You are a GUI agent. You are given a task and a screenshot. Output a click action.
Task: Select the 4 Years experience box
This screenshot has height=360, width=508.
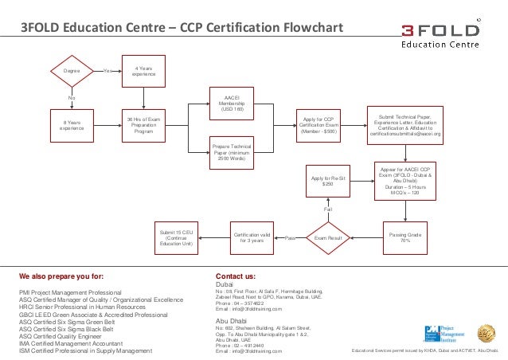tap(144, 71)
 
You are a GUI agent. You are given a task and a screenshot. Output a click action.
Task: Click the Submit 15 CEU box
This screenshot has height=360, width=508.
tap(177, 237)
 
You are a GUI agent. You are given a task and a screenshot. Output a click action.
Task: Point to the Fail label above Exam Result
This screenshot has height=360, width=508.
tap(327, 209)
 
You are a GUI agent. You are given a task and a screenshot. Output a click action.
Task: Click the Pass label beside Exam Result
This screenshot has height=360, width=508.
tap(291, 238)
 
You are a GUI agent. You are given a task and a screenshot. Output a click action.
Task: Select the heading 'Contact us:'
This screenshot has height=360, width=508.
tap(236, 276)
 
